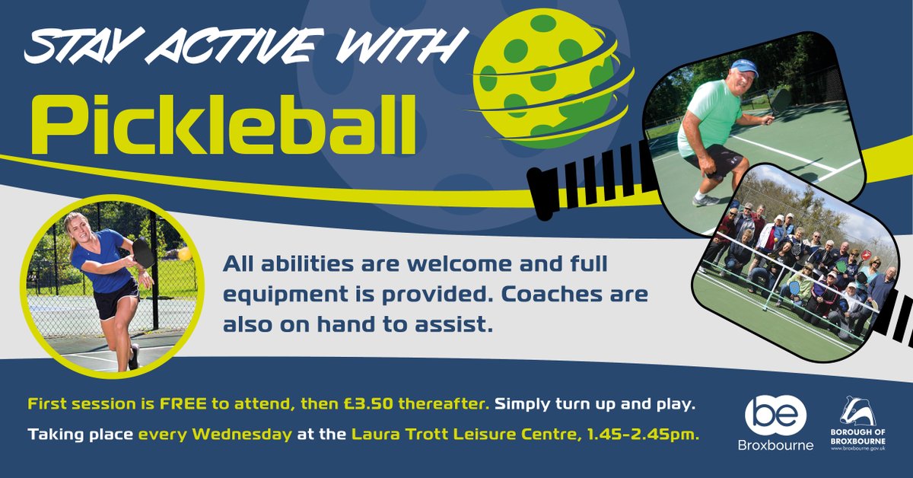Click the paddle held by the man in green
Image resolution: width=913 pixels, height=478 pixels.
[781, 100]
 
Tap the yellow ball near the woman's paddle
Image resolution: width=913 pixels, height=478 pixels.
[183, 253]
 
